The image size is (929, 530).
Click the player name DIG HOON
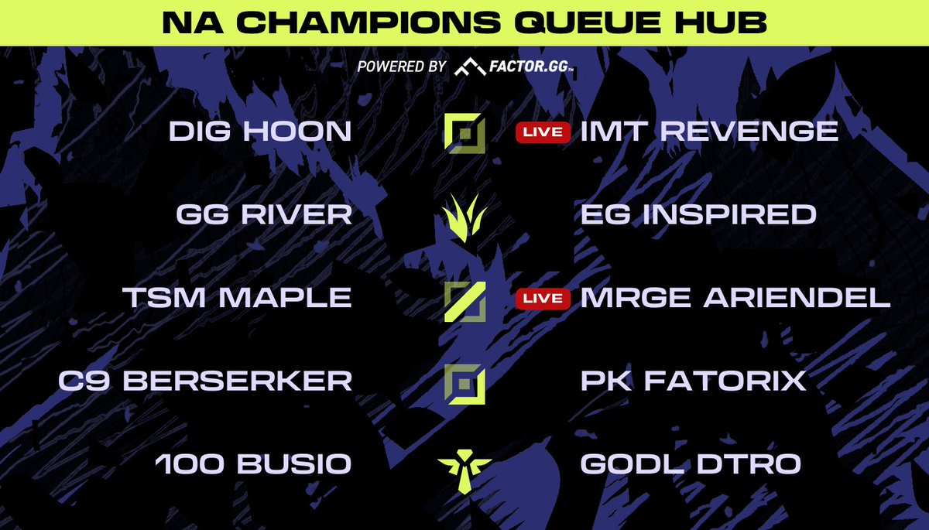pyautogui.click(x=260, y=131)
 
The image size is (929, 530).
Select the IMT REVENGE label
pyautogui.click(x=709, y=131)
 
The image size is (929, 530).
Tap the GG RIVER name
pyautogui.click(x=264, y=214)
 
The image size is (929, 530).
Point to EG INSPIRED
pyautogui.click(x=698, y=214)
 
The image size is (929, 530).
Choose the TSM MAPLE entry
pyautogui.click(x=238, y=298)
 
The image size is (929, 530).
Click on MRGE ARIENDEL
pyautogui.click(x=735, y=298)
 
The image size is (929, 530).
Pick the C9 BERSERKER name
pyautogui.click(x=205, y=381)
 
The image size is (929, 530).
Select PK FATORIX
pyautogui.click(x=694, y=381)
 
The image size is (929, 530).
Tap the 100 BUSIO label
pyautogui.click(x=253, y=464)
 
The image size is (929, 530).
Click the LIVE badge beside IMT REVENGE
pyautogui.click(x=543, y=132)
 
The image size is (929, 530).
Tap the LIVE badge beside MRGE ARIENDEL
pyautogui.click(x=543, y=299)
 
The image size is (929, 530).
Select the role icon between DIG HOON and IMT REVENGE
pyautogui.click(x=464, y=132)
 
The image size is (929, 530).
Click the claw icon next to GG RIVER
pyautogui.click(x=464, y=216)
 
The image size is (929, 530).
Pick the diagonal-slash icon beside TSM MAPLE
pyautogui.click(x=464, y=300)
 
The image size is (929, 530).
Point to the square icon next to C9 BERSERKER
pyautogui.click(x=464, y=381)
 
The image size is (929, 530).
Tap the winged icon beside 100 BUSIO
pyautogui.click(x=464, y=467)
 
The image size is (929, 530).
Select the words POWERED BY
pyautogui.click(x=401, y=67)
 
